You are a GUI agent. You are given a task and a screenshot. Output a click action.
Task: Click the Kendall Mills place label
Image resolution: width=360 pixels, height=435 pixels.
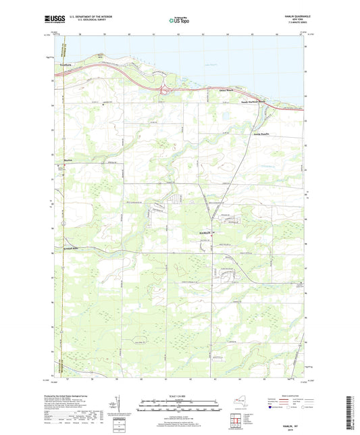coord(68,249)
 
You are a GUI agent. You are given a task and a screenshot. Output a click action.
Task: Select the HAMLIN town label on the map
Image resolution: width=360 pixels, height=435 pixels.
coord(205,233)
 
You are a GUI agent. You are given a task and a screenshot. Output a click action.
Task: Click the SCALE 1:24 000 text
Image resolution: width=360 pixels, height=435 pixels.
coord(179,396)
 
